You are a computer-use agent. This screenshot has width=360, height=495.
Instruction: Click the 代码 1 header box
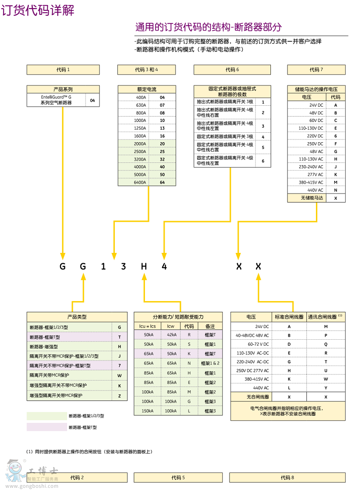[x=63, y=70]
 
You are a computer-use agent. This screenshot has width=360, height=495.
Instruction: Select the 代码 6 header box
[x=232, y=70]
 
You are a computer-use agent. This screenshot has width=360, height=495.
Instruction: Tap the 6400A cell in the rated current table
[x=133, y=182]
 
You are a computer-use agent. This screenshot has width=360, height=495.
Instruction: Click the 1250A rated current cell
[x=133, y=128]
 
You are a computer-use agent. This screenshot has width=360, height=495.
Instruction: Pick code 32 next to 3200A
[x=162, y=159]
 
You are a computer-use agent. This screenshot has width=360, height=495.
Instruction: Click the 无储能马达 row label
[x=306, y=198]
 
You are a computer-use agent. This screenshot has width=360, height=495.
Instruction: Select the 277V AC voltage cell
[x=306, y=175]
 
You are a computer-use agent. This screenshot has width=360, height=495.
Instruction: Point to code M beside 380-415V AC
[x=336, y=182]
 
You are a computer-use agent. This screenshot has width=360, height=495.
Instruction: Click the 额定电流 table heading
[x=147, y=90]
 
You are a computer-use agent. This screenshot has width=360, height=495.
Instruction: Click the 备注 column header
[x=210, y=326]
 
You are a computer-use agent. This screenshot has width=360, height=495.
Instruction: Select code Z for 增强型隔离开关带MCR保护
[x=120, y=396]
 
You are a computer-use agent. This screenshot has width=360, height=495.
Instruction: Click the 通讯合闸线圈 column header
[x=325, y=317]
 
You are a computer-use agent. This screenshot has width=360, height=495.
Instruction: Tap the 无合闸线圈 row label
[x=252, y=397]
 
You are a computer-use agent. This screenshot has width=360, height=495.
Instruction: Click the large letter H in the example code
[x=144, y=266]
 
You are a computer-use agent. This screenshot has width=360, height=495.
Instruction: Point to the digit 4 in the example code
[x=164, y=266]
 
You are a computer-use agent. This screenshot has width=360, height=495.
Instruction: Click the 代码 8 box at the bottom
[x=288, y=477]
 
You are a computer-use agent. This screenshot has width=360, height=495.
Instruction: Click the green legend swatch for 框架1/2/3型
[x=46, y=416]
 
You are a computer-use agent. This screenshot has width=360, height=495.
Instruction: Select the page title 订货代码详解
[x=38, y=10]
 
